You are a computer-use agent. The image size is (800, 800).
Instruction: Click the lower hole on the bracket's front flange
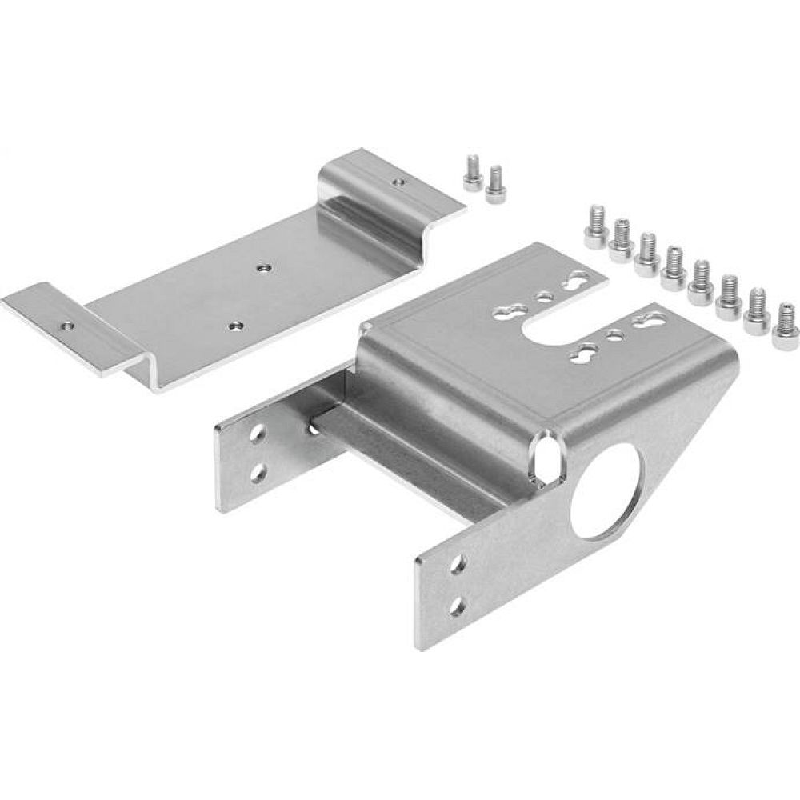pyautogui.click(x=458, y=604)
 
